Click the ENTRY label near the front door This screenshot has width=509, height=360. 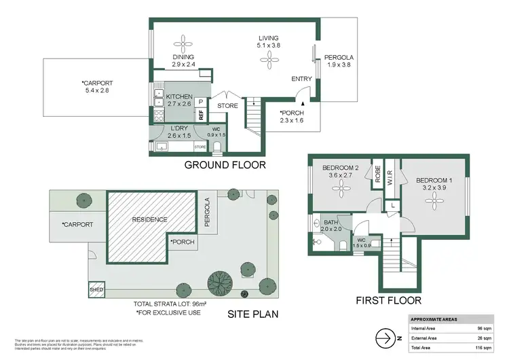[302, 79]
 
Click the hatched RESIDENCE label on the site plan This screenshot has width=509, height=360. [150, 219]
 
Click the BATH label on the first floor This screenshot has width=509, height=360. [331, 223]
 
